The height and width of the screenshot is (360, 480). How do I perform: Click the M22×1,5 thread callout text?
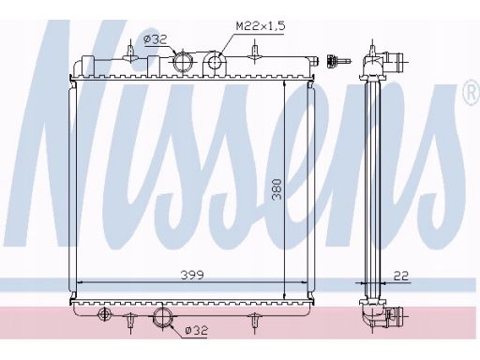click(x=261, y=26)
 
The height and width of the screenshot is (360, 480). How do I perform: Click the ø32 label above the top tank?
click(x=156, y=39)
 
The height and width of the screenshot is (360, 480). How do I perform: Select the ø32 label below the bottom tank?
click(x=196, y=330)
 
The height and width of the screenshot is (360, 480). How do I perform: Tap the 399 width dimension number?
click(x=192, y=275)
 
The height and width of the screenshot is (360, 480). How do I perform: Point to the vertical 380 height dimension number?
click(x=277, y=189)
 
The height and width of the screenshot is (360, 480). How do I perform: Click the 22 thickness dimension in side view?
click(x=401, y=276)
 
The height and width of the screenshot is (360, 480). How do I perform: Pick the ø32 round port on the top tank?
click(x=182, y=61)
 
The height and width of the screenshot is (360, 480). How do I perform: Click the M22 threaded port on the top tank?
click(x=215, y=63)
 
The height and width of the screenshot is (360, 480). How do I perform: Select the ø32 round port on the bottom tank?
click(x=162, y=316)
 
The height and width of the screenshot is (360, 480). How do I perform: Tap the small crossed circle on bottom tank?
click(x=104, y=314)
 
